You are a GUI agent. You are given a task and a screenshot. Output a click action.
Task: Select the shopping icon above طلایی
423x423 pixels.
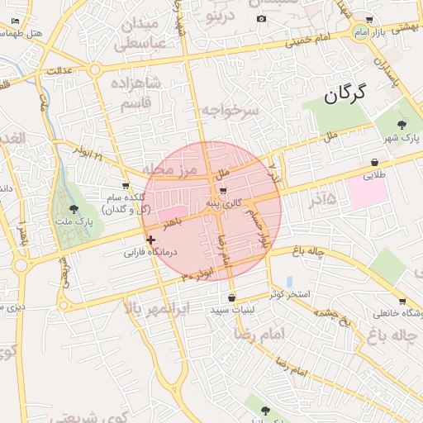point(375,163)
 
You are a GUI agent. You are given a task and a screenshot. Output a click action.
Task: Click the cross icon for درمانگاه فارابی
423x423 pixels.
point(150,240)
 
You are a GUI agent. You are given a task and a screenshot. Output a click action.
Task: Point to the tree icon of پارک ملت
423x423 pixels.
point(75,210)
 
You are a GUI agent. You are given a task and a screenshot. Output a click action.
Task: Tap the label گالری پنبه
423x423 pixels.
point(225,202)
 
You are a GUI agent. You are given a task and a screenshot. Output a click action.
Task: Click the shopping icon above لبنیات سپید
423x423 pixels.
point(231,297)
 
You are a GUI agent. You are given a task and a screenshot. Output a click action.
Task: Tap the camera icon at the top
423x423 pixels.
point(262,19)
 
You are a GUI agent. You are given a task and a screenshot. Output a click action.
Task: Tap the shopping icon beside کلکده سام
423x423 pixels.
point(126,186)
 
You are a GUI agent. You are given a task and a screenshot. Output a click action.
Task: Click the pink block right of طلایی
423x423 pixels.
point(368,192)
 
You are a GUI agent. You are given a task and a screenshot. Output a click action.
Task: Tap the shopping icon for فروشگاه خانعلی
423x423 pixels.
point(402,302)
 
